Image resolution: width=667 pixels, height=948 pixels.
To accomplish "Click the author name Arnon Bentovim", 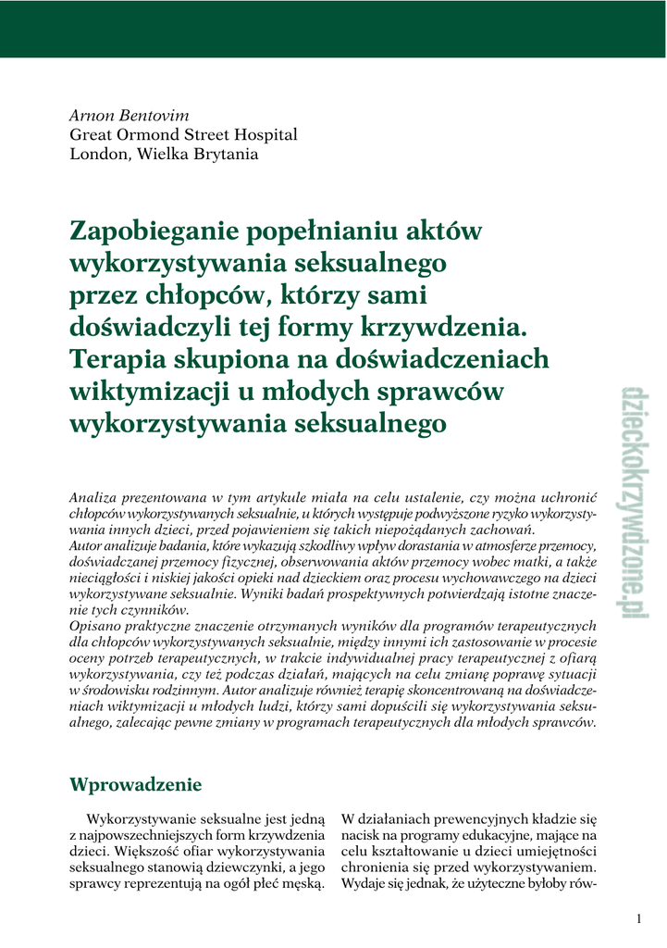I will point(130,116).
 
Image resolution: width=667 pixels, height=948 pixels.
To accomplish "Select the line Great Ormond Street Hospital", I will point(184,135).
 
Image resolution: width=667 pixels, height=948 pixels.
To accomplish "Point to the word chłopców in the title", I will point(184,295).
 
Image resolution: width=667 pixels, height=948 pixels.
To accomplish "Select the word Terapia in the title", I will point(117,359).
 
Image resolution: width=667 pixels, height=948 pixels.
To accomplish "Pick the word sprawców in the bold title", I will point(448,392).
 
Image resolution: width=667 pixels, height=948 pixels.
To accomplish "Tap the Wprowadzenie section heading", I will point(136,784).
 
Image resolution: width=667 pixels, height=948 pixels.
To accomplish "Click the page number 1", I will point(638,918).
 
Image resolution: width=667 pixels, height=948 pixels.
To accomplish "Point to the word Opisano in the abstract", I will point(95,625).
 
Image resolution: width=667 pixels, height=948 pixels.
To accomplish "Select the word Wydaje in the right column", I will point(364,883).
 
